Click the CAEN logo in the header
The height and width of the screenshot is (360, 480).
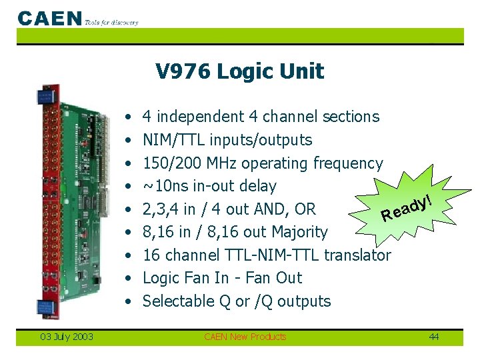[x=50, y=18]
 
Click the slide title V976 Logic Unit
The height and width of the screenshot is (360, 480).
[x=239, y=71]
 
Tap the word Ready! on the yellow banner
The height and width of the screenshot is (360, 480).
[x=408, y=207]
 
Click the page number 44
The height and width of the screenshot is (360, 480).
[x=434, y=337]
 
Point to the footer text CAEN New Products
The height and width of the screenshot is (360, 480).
[x=245, y=337]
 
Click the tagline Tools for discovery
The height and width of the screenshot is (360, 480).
[x=111, y=22]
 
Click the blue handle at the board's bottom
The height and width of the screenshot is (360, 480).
[x=43, y=309]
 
